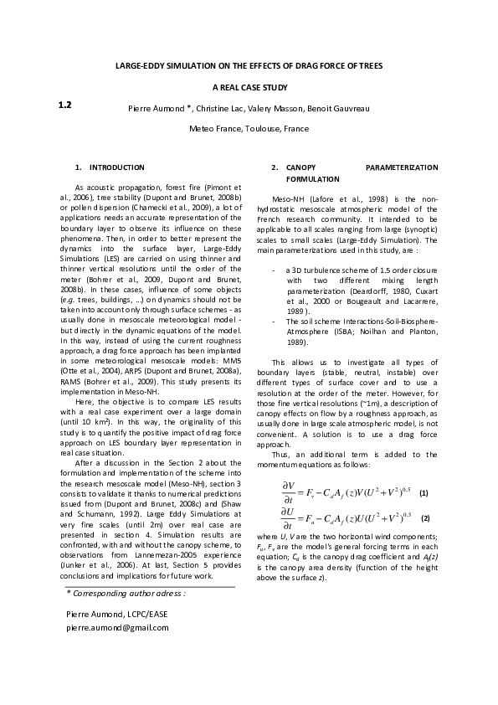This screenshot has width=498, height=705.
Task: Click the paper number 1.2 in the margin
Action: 64,105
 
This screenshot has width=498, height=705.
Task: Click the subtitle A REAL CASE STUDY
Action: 249,87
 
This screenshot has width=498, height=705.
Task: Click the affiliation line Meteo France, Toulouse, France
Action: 249,129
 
